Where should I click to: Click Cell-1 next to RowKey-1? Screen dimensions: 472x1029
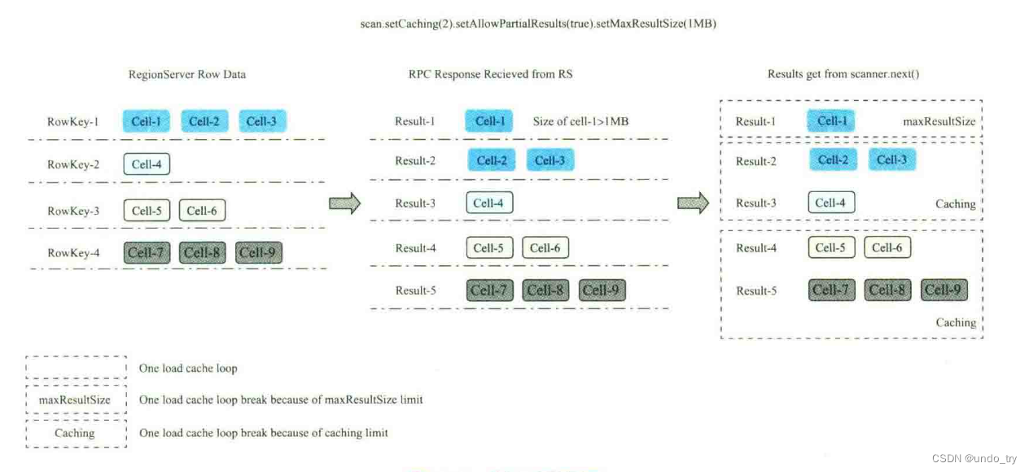147,122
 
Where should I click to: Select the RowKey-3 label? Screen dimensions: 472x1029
73,211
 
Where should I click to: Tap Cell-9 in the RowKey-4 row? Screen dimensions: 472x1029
259,253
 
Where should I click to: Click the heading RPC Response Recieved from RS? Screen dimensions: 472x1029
490,74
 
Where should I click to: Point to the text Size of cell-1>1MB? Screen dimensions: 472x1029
580,122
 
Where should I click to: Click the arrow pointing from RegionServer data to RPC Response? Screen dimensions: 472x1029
344,203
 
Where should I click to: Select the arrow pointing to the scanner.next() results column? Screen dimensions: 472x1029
694,203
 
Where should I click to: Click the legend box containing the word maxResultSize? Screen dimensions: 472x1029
75,400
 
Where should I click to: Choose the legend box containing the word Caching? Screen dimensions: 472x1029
75,433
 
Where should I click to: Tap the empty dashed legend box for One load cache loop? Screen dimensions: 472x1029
75,368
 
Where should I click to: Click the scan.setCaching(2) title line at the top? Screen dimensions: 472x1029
538,24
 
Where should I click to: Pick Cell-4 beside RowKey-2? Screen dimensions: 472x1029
147,164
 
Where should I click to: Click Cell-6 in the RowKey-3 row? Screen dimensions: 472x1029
202,211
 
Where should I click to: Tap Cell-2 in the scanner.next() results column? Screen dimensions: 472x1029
833,160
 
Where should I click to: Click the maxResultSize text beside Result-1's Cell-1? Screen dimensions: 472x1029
939,122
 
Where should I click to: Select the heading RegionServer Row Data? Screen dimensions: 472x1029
187,74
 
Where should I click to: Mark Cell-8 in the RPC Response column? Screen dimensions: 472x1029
545,291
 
